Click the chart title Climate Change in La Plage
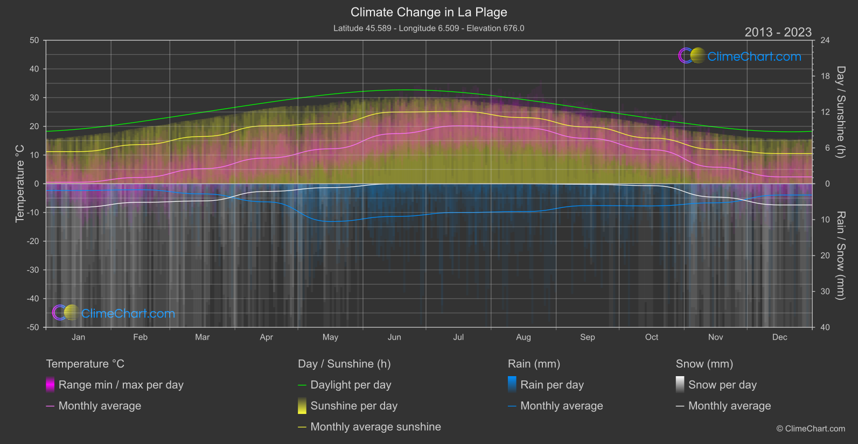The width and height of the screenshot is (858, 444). click(429, 12)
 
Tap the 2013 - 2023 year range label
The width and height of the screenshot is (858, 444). click(778, 32)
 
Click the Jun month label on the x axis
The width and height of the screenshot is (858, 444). click(394, 337)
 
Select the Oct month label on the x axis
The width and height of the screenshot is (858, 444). click(652, 337)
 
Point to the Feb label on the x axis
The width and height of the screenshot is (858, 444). click(140, 337)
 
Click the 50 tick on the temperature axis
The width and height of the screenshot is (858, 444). click(34, 40)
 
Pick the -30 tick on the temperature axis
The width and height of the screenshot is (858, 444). click(33, 270)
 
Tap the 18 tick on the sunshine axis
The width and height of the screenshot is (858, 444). click(825, 76)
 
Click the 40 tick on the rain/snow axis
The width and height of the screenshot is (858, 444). click(825, 327)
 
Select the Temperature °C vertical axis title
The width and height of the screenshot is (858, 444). click(20, 183)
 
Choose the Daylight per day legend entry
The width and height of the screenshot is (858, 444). click(351, 385)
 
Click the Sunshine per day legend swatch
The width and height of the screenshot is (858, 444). click(302, 406)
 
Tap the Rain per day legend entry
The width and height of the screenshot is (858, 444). click(552, 385)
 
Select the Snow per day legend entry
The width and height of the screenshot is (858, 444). click(722, 385)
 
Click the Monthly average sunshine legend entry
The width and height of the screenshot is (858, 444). click(375, 427)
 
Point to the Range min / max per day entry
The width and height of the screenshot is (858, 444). click(121, 385)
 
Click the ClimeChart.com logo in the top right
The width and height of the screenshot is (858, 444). click(740, 56)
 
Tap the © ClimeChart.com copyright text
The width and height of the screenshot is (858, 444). click(811, 429)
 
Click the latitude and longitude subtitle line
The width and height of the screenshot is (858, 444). click(429, 28)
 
